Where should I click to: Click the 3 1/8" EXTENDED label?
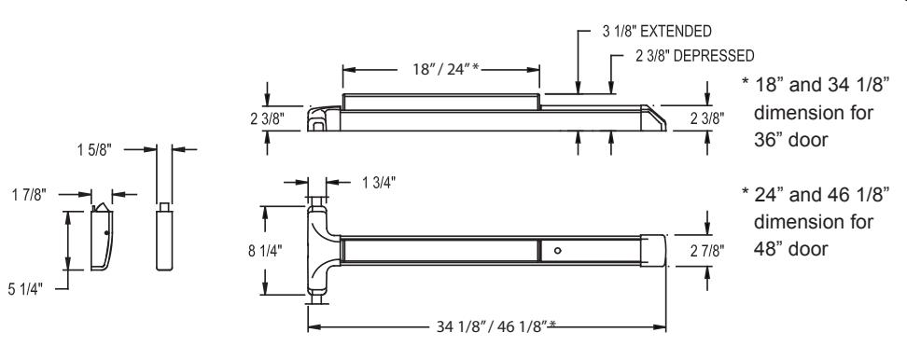click(x=657, y=31)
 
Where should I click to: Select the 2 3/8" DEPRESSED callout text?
click(x=694, y=55)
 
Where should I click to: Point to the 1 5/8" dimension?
click(x=93, y=150)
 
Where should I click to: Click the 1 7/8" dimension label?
click(x=28, y=195)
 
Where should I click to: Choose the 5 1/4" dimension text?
click(x=25, y=289)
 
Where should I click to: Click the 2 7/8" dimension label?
click(x=706, y=251)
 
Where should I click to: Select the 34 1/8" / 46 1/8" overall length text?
click(x=495, y=326)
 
